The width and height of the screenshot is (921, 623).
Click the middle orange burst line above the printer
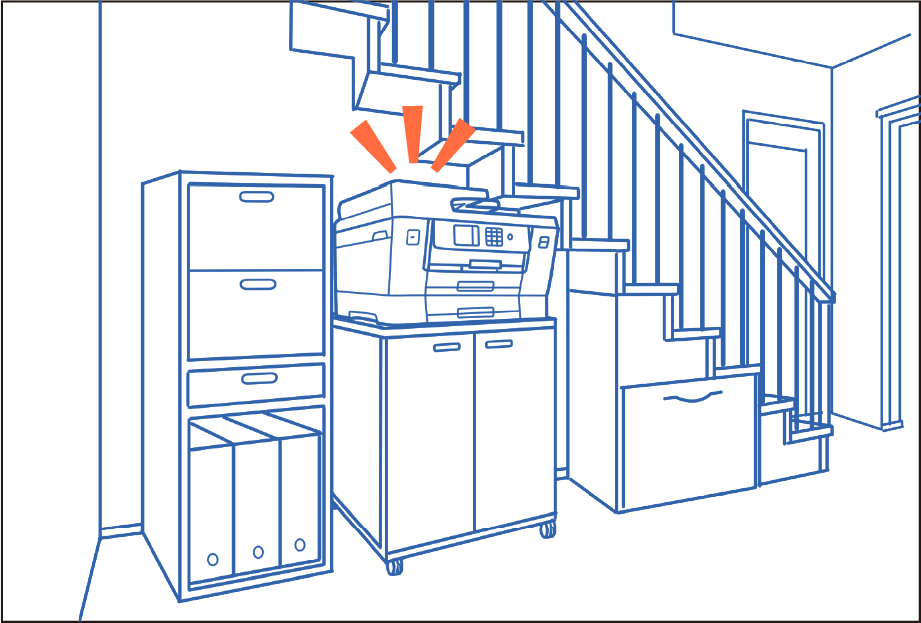pos(412,133)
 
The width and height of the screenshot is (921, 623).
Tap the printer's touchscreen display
pos(466,236)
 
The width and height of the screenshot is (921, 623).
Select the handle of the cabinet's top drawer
pos(257,196)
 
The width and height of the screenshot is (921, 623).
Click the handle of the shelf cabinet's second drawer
pos(257,284)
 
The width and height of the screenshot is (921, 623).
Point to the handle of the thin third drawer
pos(259,379)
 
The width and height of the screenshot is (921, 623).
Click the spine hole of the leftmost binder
pos(212,559)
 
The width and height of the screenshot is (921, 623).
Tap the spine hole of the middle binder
pos(258,551)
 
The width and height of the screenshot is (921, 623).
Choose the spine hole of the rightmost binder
pos(299,545)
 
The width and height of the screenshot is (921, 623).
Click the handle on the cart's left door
pos(446,348)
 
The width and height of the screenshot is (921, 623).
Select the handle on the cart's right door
pos(498,343)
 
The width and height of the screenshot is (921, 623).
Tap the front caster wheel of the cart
pos(395,567)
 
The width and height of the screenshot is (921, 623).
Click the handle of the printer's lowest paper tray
pos(476,313)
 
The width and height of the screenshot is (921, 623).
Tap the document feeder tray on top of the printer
pos(475,204)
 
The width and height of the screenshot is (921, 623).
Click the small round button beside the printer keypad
pos(510,238)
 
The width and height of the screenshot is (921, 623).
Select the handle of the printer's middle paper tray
pos(476,286)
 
